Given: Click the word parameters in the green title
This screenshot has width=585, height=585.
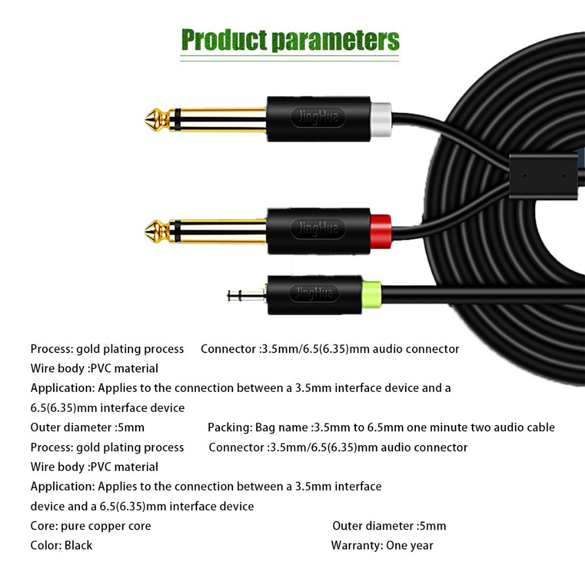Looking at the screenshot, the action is tap(335, 41).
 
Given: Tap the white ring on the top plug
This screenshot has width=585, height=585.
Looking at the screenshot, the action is tap(381, 119).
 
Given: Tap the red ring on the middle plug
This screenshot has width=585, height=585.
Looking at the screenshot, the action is tap(381, 231).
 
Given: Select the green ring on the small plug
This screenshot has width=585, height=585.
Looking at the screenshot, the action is tap(371, 295).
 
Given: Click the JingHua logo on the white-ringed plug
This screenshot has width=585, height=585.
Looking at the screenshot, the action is tap(318, 118).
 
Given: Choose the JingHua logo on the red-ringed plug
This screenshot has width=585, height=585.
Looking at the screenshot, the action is tap(318, 229).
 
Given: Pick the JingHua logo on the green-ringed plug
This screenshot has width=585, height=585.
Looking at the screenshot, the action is tap(314, 293).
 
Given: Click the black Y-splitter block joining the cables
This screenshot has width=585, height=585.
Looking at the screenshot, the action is tap(543, 176).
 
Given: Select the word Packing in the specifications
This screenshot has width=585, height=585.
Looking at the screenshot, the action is tap(230, 427).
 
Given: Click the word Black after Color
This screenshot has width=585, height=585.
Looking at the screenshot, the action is tap(78, 546).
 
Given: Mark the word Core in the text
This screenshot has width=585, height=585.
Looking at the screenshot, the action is tap(44, 526).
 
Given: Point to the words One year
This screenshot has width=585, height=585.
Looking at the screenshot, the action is tap(410, 546).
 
